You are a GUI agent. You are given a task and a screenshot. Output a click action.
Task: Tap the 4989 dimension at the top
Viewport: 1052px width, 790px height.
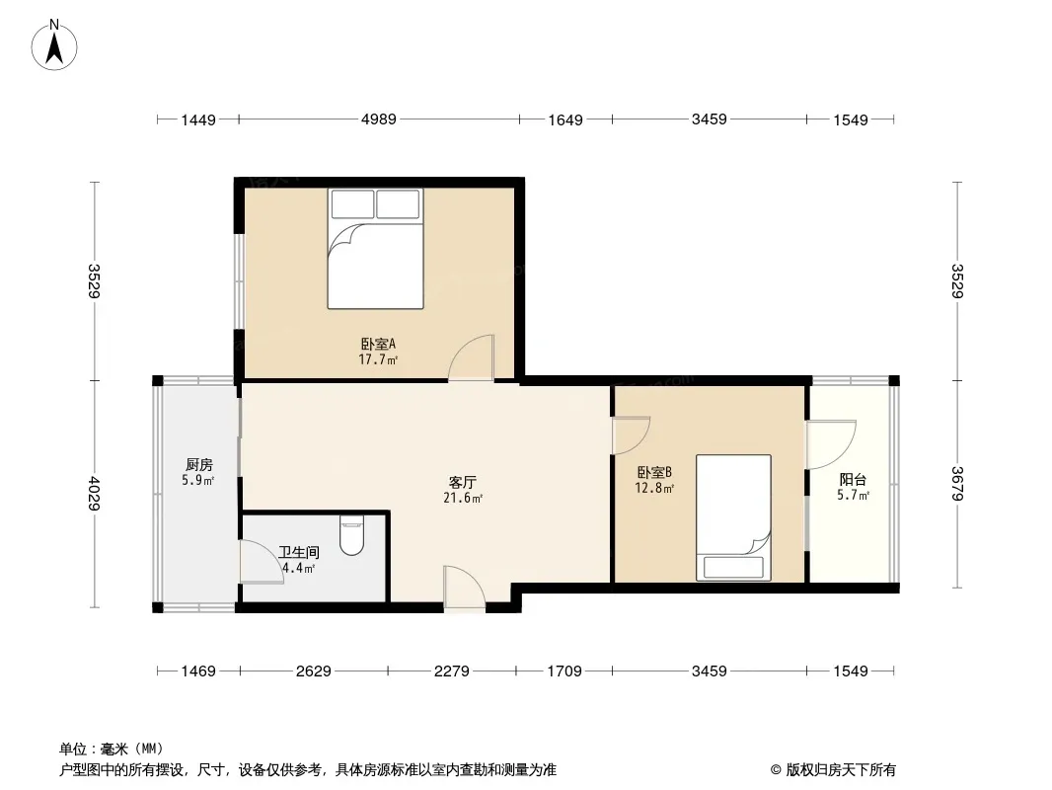tap(378, 119)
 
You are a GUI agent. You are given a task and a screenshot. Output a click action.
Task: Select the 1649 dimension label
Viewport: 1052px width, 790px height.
tap(565, 119)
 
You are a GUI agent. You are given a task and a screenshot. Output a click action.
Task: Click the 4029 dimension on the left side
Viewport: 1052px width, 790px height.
tap(94, 494)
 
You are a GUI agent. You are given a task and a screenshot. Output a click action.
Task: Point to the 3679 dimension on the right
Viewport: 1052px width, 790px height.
tap(956, 484)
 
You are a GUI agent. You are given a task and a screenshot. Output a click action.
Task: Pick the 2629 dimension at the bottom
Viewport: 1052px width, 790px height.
tap(313, 671)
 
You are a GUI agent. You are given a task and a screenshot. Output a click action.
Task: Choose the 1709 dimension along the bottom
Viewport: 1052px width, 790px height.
tap(564, 671)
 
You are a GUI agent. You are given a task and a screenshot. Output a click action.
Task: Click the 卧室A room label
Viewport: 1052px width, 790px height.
tap(378, 345)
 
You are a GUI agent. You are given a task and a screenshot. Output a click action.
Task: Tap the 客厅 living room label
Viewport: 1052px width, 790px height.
tap(463, 483)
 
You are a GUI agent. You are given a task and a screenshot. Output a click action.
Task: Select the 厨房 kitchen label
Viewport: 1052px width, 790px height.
tap(198, 464)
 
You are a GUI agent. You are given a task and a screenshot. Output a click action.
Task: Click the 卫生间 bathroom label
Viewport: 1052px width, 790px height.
tap(298, 553)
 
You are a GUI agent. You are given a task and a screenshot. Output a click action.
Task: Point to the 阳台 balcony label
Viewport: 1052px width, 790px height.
tap(853, 480)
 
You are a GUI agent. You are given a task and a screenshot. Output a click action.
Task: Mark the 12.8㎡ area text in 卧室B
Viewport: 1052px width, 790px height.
tap(655, 488)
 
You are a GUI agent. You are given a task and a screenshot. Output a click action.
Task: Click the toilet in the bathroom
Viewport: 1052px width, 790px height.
tap(352, 534)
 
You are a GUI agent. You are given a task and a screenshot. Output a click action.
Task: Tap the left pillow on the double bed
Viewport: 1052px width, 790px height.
tap(352, 204)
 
